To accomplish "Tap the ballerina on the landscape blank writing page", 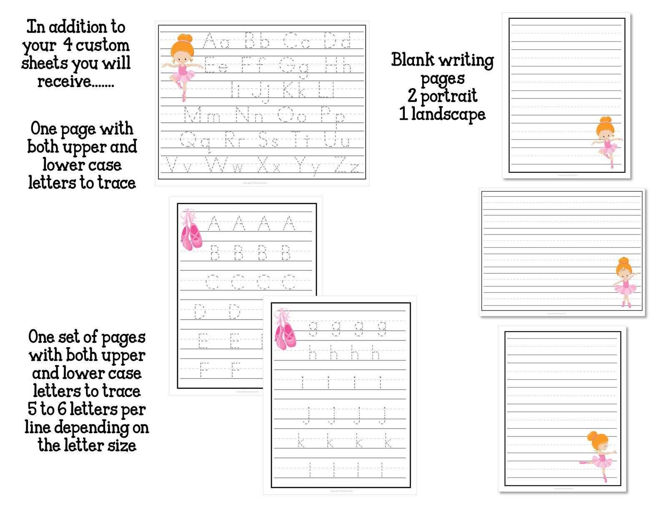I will point(625,282).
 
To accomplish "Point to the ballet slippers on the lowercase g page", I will point(285,330).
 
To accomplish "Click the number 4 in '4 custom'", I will point(68,44).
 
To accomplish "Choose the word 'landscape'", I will point(448,114).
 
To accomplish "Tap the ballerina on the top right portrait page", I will point(607,142).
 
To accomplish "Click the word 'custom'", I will point(103,45).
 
